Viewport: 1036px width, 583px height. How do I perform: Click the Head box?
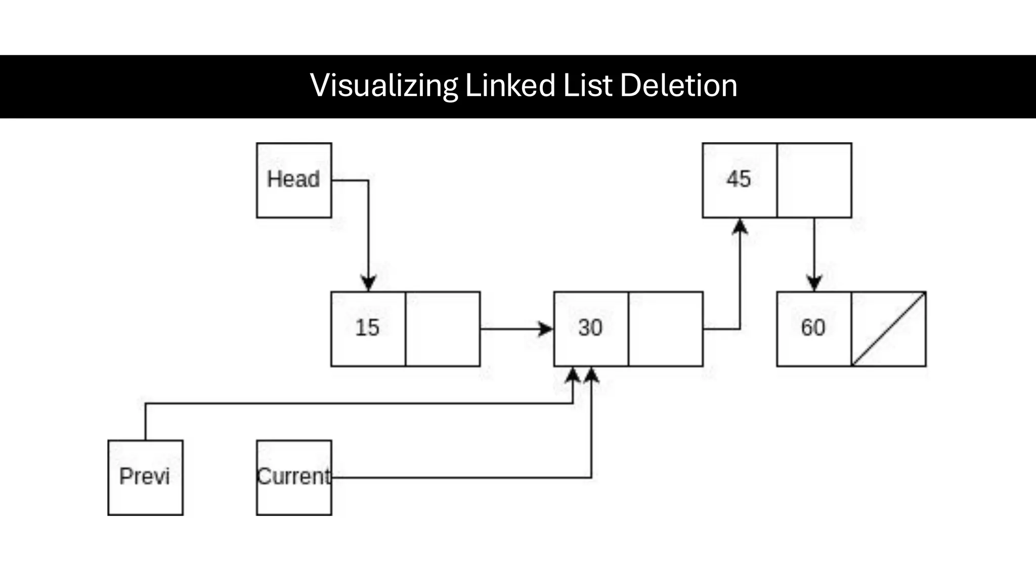294,180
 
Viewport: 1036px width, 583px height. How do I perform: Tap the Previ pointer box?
145,477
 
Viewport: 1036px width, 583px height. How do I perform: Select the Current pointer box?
294,477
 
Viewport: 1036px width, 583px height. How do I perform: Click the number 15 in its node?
367,328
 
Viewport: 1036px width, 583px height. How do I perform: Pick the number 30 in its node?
590,328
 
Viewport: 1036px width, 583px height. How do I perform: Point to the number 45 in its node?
739,179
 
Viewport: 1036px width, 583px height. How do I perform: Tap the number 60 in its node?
813,328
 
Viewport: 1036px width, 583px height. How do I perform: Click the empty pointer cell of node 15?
443,329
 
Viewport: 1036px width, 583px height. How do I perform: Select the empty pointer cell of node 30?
666,329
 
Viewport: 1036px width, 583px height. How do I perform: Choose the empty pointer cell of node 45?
814,180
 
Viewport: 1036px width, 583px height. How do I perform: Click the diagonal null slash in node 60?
889,329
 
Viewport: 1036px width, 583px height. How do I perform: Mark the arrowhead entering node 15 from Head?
368,283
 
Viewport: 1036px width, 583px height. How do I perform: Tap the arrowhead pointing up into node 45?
740,227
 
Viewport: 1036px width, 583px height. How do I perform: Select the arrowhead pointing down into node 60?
814,283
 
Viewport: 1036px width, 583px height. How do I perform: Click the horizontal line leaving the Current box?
455,477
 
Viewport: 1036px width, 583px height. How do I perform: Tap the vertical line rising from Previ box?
146,423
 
